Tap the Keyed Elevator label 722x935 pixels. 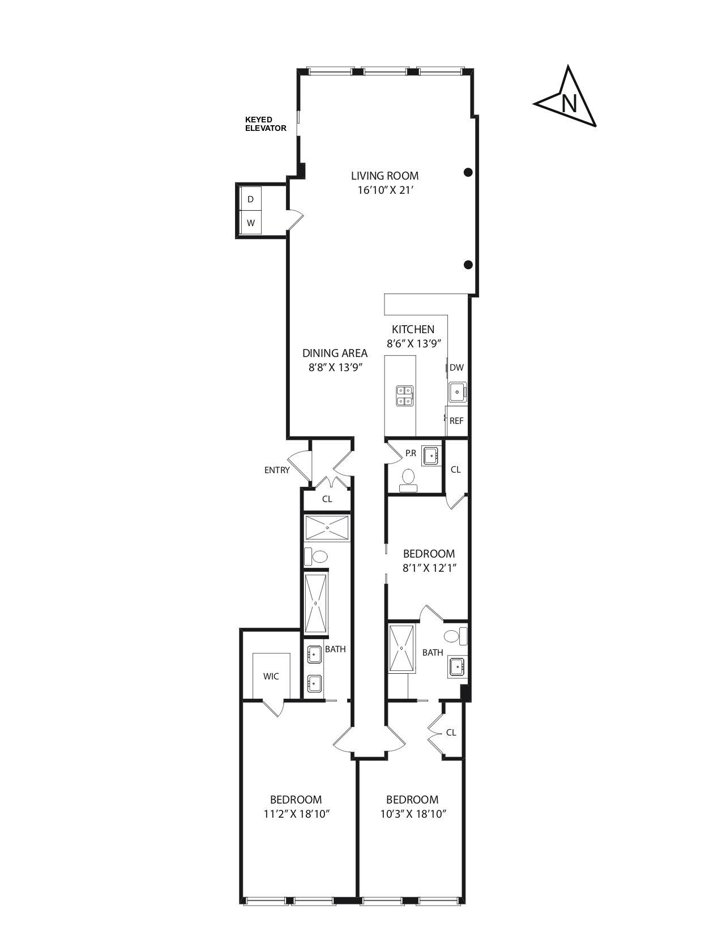click(x=265, y=124)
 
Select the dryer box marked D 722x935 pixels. click(x=251, y=199)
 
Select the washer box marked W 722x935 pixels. click(x=251, y=223)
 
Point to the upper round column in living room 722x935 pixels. click(x=468, y=172)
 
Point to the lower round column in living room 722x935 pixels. click(x=468, y=265)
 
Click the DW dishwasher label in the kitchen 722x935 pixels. click(x=456, y=367)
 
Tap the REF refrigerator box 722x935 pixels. click(x=456, y=420)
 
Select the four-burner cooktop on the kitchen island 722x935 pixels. click(x=405, y=396)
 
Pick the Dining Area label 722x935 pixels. click(x=335, y=353)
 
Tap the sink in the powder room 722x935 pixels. click(x=432, y=455)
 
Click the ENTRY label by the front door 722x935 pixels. click(x=277, y=470)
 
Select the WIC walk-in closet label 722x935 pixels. click(x=271, y=676)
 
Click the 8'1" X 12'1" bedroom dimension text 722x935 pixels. click(x=429, y=568)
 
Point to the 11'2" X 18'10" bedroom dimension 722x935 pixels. click(x=296, y=814)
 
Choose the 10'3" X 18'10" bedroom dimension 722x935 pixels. click(x=413, y=814)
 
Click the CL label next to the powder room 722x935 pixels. click(x=455, y=469)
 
